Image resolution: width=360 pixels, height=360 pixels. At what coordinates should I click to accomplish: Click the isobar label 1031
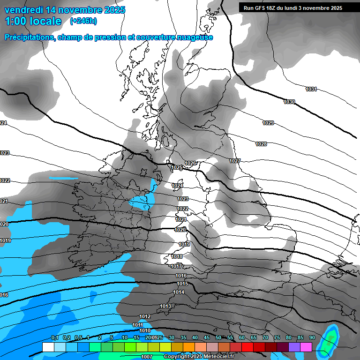pyautogui.click(x=311, y=89)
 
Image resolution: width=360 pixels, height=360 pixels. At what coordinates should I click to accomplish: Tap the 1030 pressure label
pyautogui.click(x=289, y=102)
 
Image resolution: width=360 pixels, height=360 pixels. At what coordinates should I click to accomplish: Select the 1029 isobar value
pyautogui.click(x=268, y=123)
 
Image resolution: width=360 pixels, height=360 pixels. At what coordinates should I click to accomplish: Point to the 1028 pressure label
pyautogui.click(x=261, y=144)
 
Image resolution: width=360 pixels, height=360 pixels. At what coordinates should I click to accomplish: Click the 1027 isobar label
pyautogui.click(x=235, y=161)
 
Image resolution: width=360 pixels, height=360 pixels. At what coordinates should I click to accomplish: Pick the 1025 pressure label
pyautogui.click(x=177, y=167)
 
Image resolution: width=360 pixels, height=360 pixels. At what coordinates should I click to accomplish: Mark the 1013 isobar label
pyautogui.click(x=165, y=306)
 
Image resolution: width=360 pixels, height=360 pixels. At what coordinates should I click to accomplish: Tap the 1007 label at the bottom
pyautogui.click(x=147, y=357)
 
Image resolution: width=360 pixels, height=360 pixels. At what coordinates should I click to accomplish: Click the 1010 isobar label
pyautogui.click(x=145, y=330)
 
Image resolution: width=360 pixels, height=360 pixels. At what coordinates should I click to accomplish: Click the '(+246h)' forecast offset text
pyautogui.click(x=84, y=21)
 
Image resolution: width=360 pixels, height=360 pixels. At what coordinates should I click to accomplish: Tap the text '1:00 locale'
pyautogui.click(x=33, y=21)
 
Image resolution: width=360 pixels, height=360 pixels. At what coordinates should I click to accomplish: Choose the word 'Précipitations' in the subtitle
pyautogui.click(x=29, y=37)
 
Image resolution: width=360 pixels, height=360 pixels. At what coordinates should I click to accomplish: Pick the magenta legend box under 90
pyautogui.click(x=306, y=347)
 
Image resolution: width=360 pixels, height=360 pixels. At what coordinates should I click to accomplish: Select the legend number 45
pyautogui.click(x=207, y=337)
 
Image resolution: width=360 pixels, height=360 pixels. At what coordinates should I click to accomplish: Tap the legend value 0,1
pyautogui.click(x=55, y=337)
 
